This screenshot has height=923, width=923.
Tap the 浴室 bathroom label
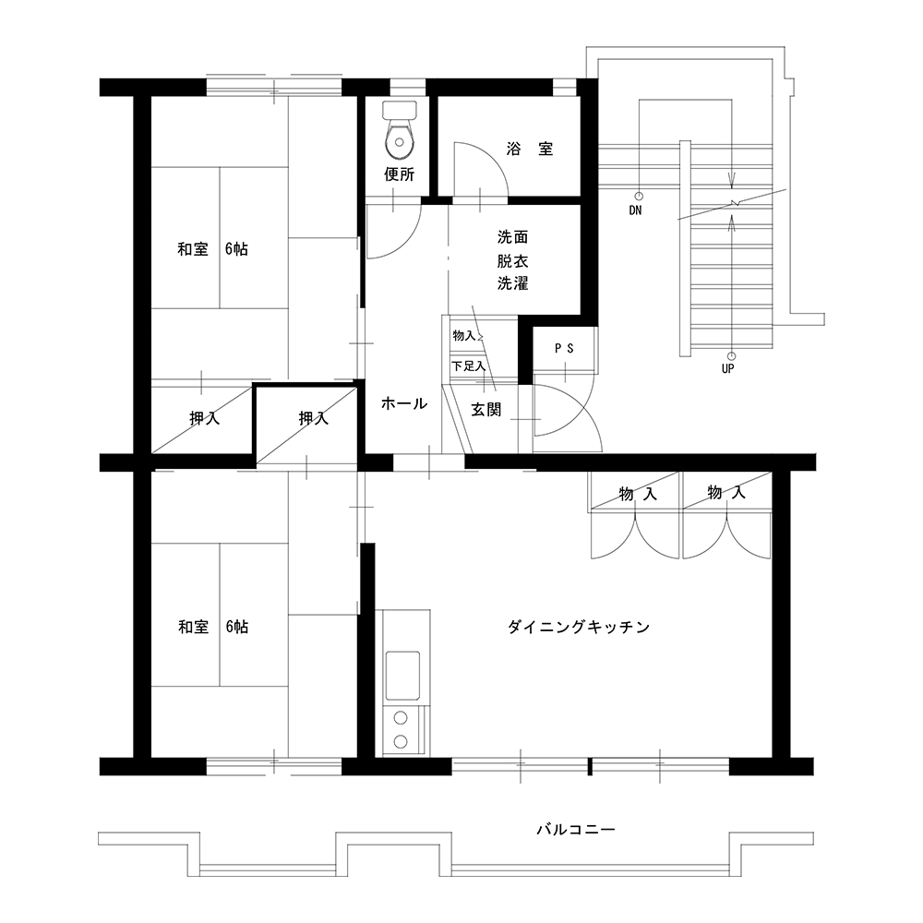click(530, 149)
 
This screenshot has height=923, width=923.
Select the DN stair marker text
click(635, 210)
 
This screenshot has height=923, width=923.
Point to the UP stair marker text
click(727, 368)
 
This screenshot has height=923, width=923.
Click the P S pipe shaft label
click(564, 349)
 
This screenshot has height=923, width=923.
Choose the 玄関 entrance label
click(486, 410)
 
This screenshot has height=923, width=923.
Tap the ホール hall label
click(404, 403)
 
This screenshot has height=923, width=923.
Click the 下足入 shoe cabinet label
click(469, 366)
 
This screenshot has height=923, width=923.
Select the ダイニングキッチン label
click(579, 627)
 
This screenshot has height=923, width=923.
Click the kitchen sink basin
click(402, 676)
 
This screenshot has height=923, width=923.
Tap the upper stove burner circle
click(401, 717)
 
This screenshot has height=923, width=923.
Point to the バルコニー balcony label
click(576, 830)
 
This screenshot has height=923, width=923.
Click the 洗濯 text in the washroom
click(512, 283)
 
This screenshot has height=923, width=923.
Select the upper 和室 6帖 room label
click(213, 249)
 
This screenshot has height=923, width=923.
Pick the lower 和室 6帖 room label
click(213, 627)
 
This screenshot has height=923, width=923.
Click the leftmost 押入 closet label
click(205, 418)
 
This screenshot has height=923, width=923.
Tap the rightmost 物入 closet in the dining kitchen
click(726, 492)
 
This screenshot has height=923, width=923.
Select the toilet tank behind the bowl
click(400, 110)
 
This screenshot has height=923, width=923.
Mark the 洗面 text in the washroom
click(512, 237)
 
